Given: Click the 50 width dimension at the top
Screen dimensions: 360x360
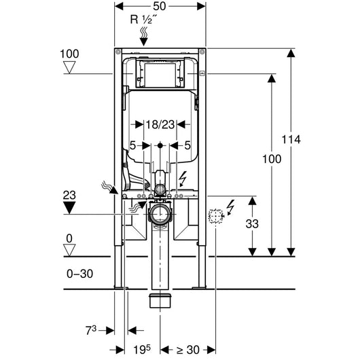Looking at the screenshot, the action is coord(160,6).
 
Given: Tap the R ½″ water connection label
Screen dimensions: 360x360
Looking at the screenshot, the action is coord(144,19).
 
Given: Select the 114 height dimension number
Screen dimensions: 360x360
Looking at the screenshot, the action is coord(291,139).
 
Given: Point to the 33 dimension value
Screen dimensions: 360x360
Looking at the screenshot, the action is coord(252,223).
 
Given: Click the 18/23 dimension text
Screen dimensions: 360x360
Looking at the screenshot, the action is coord(160,125).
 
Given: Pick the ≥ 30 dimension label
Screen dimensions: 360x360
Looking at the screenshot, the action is coord(187,350).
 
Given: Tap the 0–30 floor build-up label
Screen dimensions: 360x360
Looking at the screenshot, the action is coord(79,274).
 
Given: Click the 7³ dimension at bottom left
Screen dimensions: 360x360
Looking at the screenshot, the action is coord(91,330).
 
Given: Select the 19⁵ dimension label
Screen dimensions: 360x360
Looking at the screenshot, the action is coord(142,350).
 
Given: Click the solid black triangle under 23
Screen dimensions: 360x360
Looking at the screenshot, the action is coord(69,207).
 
